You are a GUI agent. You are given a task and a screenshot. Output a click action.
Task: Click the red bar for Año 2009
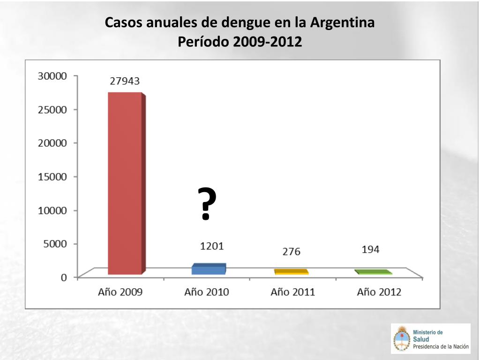click(125, 183)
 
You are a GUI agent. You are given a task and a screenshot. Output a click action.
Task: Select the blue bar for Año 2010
click(209, 269)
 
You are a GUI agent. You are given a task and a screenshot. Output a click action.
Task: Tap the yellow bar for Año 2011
click(291, 272)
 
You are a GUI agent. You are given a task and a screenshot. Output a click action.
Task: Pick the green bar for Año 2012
click(373, 272)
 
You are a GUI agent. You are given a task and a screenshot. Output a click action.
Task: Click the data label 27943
click(125, 81)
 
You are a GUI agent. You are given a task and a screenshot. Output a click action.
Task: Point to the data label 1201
click(212, 246)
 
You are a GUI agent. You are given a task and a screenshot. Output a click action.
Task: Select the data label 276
click(291, 252)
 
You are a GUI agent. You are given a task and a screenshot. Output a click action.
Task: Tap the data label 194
click(370, 249)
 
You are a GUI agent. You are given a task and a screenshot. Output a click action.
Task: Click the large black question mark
click(207, 203)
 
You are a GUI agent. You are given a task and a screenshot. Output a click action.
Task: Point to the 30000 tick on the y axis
click(52, 76)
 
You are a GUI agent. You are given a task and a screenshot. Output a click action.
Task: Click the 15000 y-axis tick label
click(52, 177)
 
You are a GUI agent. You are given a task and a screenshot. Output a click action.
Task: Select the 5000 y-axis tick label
click(55, 244)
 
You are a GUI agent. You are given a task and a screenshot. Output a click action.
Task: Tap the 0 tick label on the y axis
click(63, 277)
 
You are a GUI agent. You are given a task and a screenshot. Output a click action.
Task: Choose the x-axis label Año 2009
click(120, 292)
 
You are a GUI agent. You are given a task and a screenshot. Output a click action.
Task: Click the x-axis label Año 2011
click(292, 292)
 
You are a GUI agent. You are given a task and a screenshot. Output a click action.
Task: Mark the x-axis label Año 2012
click(379, 292)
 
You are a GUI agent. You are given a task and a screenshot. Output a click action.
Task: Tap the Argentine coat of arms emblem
click(401, 338)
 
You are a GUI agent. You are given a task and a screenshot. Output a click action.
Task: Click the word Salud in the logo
click(421, 339)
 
